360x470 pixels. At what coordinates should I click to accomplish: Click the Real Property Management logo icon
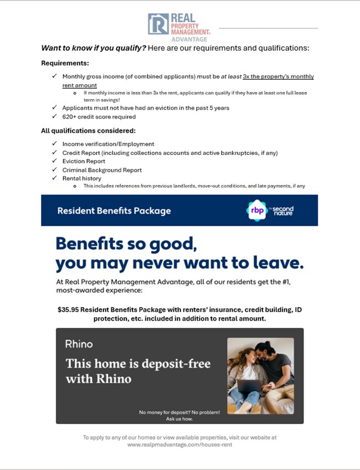[158, 24]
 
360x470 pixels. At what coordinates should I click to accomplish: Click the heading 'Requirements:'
[65, 63]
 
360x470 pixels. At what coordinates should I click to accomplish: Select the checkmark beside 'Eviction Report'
[54, 161]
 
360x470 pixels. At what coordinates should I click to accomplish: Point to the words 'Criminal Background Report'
[102, 170]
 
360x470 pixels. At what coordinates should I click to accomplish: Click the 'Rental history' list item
[82, 178]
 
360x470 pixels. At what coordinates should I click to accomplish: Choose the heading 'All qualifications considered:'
[88, 131]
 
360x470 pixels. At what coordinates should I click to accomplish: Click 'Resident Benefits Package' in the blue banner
[114, 211]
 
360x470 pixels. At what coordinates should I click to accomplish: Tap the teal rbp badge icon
[257, 210]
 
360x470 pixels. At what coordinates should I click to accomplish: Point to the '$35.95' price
[68, 309]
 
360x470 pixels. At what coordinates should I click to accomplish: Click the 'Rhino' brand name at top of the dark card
[79, 344]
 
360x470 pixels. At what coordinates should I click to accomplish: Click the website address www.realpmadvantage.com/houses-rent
[179, 445]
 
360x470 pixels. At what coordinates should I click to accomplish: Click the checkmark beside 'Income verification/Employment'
[54, 144]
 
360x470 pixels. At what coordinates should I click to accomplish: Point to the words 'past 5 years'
[212, 108]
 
